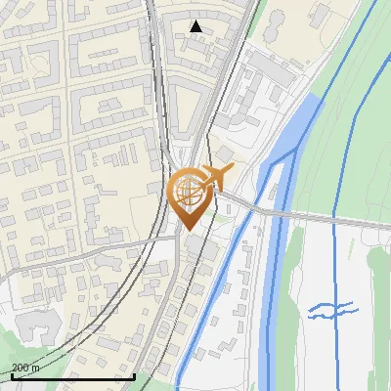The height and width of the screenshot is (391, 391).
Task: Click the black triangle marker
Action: (196, 26)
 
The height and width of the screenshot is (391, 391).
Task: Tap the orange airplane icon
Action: (217, 176)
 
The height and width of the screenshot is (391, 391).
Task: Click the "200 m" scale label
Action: (24, 367)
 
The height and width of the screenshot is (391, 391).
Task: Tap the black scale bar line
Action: (73, 376)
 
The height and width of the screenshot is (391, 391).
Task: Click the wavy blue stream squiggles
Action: (332, 311)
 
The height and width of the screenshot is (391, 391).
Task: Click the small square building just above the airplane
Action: (224, 154)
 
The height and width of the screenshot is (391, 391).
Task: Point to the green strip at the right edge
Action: (379, 293)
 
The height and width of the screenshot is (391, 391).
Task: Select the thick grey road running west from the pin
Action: (78, 257)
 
